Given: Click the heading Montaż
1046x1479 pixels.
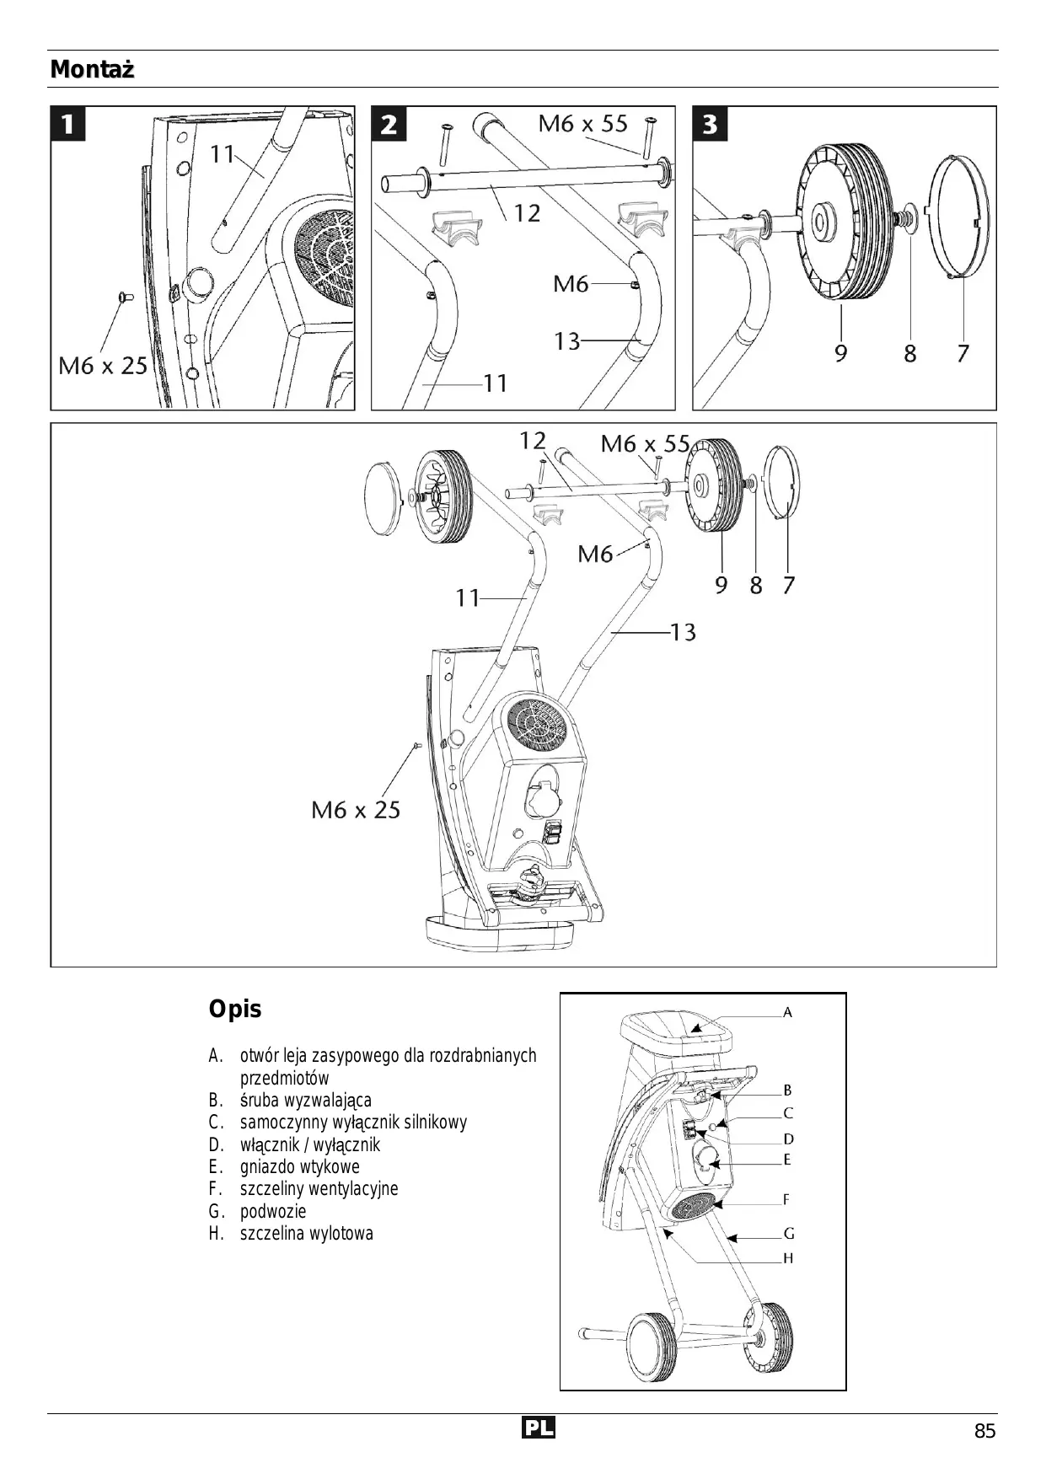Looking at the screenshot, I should pos(92,70).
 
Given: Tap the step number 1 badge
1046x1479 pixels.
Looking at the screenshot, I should pos(68,125).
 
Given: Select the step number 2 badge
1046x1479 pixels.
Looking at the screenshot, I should pos(389,125).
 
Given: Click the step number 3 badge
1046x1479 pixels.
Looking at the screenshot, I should pos(710,125).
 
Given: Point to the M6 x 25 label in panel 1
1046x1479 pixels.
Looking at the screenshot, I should pos(103,366).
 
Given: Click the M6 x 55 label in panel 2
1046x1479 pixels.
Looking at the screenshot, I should pos(583,124).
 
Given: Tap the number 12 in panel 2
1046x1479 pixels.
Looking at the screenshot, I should pos(527,213).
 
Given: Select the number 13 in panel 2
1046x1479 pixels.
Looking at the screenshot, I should pos(567,341).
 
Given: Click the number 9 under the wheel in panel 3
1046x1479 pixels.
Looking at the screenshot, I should pos(840,353).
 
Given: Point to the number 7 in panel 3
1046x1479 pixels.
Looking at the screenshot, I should pos(963,353).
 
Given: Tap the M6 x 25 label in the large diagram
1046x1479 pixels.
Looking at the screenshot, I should pos(356,810).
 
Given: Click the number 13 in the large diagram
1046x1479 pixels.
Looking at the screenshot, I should pos(683,631).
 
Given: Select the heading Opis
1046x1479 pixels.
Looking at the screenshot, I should pos(235,1009).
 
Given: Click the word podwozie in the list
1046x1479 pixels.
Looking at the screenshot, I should pos(273,1211).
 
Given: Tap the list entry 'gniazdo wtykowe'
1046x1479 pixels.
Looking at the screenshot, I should pos(299,1166).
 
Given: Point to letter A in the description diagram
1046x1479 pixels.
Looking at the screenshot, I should pos(787,1012).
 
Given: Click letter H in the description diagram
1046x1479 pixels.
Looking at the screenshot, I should pos(788,1258).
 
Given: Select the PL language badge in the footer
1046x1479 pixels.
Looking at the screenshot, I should pos(538,1427).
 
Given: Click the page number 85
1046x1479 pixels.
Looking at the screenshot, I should pos(984,1431).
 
